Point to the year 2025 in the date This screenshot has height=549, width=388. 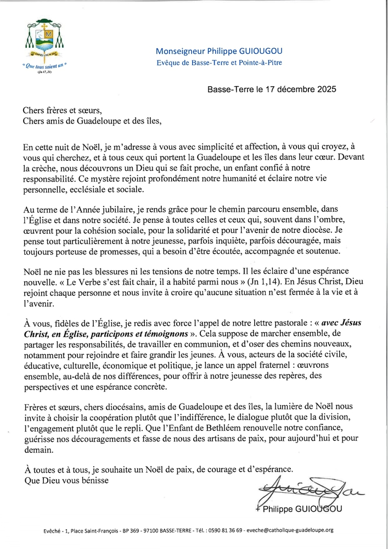pos(324,88)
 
